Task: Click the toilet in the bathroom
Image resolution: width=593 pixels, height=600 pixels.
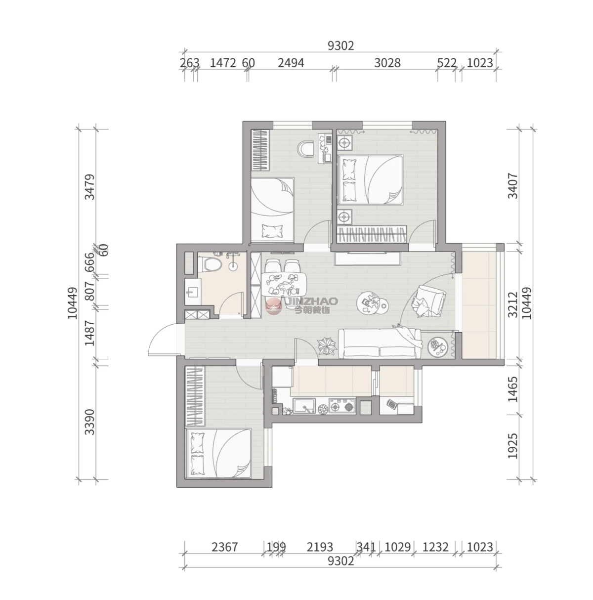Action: tap(210, 263)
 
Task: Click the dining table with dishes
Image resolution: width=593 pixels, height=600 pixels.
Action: tap(284, 284)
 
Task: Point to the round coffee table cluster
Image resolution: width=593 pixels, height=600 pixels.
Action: tap(373, 302)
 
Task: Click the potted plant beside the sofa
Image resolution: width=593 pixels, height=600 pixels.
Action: tap(327, 346)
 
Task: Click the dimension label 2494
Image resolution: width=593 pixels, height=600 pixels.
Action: tap(291, 63)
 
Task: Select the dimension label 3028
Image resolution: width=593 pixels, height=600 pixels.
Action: tap(387, 63)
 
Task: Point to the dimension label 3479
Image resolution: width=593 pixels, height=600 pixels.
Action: tap(89, 187)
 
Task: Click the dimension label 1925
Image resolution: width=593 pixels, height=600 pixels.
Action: tap(512, 446)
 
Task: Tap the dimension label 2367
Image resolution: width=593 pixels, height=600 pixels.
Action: tap(224, 547)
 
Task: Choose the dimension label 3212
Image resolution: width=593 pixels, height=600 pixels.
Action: tap(512, 304)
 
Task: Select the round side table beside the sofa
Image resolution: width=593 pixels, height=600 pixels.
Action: tap(438, 347)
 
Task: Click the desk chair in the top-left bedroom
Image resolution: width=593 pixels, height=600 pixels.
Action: tap(306, 149)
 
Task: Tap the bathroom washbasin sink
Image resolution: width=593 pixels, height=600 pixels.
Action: tap(192, 292)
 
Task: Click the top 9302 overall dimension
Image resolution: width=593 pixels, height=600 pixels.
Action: tap(340, 46)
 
